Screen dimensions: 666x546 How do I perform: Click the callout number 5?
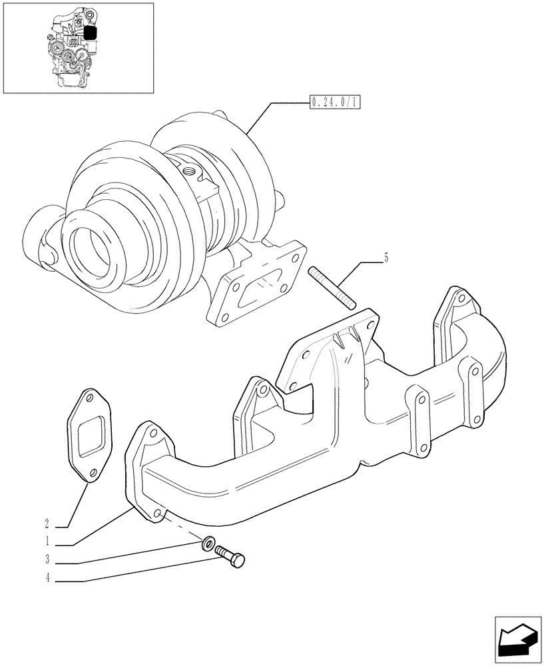385,257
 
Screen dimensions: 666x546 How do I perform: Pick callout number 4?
48,579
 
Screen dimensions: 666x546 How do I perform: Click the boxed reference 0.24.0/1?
334,103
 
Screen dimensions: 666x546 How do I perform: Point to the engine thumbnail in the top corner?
78,48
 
